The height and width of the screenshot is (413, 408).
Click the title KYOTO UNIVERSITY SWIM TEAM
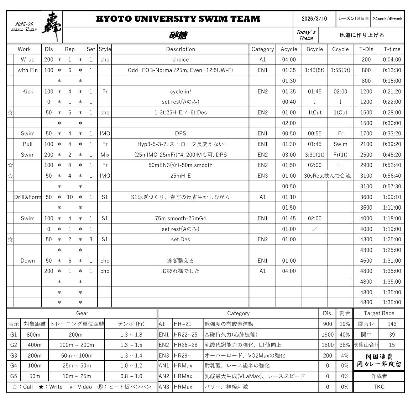(x=178, y=19)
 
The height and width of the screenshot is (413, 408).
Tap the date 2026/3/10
(x=314, y=19)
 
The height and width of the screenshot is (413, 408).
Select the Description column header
(x=181, y=49)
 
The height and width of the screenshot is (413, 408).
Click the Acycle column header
(x=289, y=49)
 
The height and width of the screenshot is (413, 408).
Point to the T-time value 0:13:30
(x=392, y=70)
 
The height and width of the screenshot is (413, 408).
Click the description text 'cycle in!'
(x=181, y=91)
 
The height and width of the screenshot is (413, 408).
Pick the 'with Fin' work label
(x=27, y=70)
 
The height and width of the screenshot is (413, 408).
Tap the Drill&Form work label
(x=27, y=197)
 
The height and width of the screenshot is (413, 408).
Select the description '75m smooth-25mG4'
(x=181, y=218)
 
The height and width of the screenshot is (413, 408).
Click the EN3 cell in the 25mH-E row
(x=262, y=176)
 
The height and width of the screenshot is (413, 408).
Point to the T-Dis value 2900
(x=366, y=165)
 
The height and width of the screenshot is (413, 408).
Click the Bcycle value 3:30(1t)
(x=314, y=155)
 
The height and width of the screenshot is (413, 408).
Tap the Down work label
(x=27, y=261)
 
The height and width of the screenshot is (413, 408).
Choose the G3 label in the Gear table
(x=14, y=355)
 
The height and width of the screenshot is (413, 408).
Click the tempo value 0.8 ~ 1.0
(x=131, y=376)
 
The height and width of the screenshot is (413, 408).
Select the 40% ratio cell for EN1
(x=344, y=334)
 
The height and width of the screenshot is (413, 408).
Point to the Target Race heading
(x=379, y=313)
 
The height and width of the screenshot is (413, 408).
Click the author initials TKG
(x=379, y=387)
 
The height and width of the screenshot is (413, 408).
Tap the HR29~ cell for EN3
(x=187, y=355)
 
